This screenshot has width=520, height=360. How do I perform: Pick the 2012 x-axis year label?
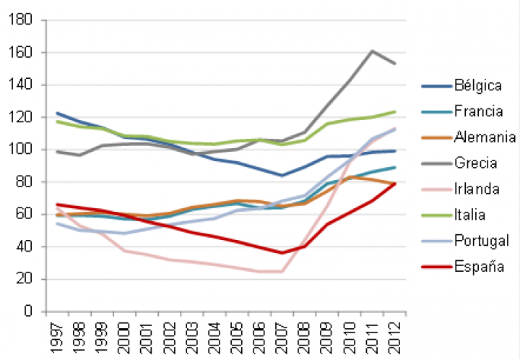pyautogui.click(x=396, y=335)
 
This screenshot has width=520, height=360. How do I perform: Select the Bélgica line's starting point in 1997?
pyautogui.click(x=56, y=113)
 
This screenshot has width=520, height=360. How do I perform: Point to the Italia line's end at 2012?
pyautogui.click(x=396, y=111)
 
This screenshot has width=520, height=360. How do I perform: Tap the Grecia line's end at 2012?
pyautogui.click(x=396, y=64)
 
